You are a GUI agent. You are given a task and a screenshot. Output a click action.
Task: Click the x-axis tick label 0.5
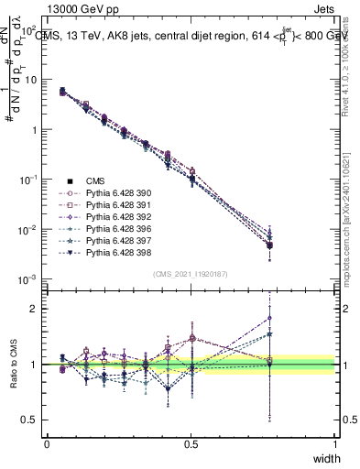click(191, 444)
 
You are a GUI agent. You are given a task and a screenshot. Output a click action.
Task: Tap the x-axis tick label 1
click(334, 444)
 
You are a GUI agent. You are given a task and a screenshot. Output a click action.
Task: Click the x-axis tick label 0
click(47, 444)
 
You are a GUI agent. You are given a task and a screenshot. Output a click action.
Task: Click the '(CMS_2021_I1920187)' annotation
click(191, 274)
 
